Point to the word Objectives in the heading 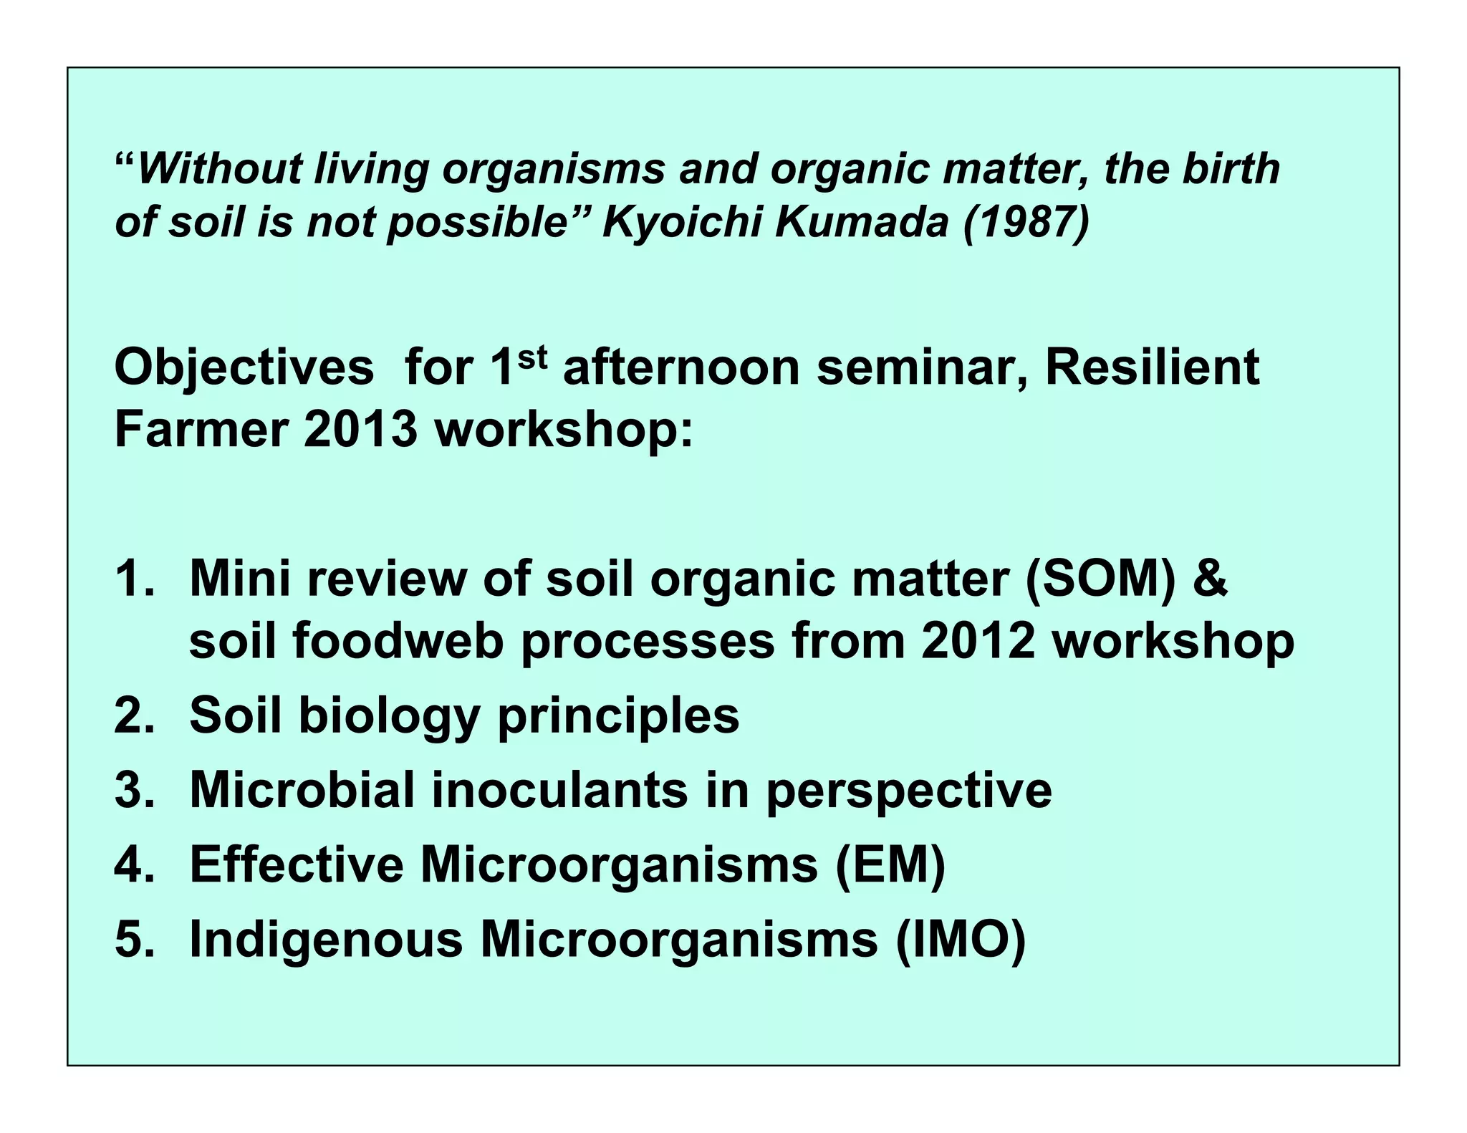244,368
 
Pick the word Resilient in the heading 1152,367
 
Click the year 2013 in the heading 360,430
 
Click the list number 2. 134,715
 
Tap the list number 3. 134,790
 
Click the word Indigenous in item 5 326,940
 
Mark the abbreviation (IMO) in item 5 961,940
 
